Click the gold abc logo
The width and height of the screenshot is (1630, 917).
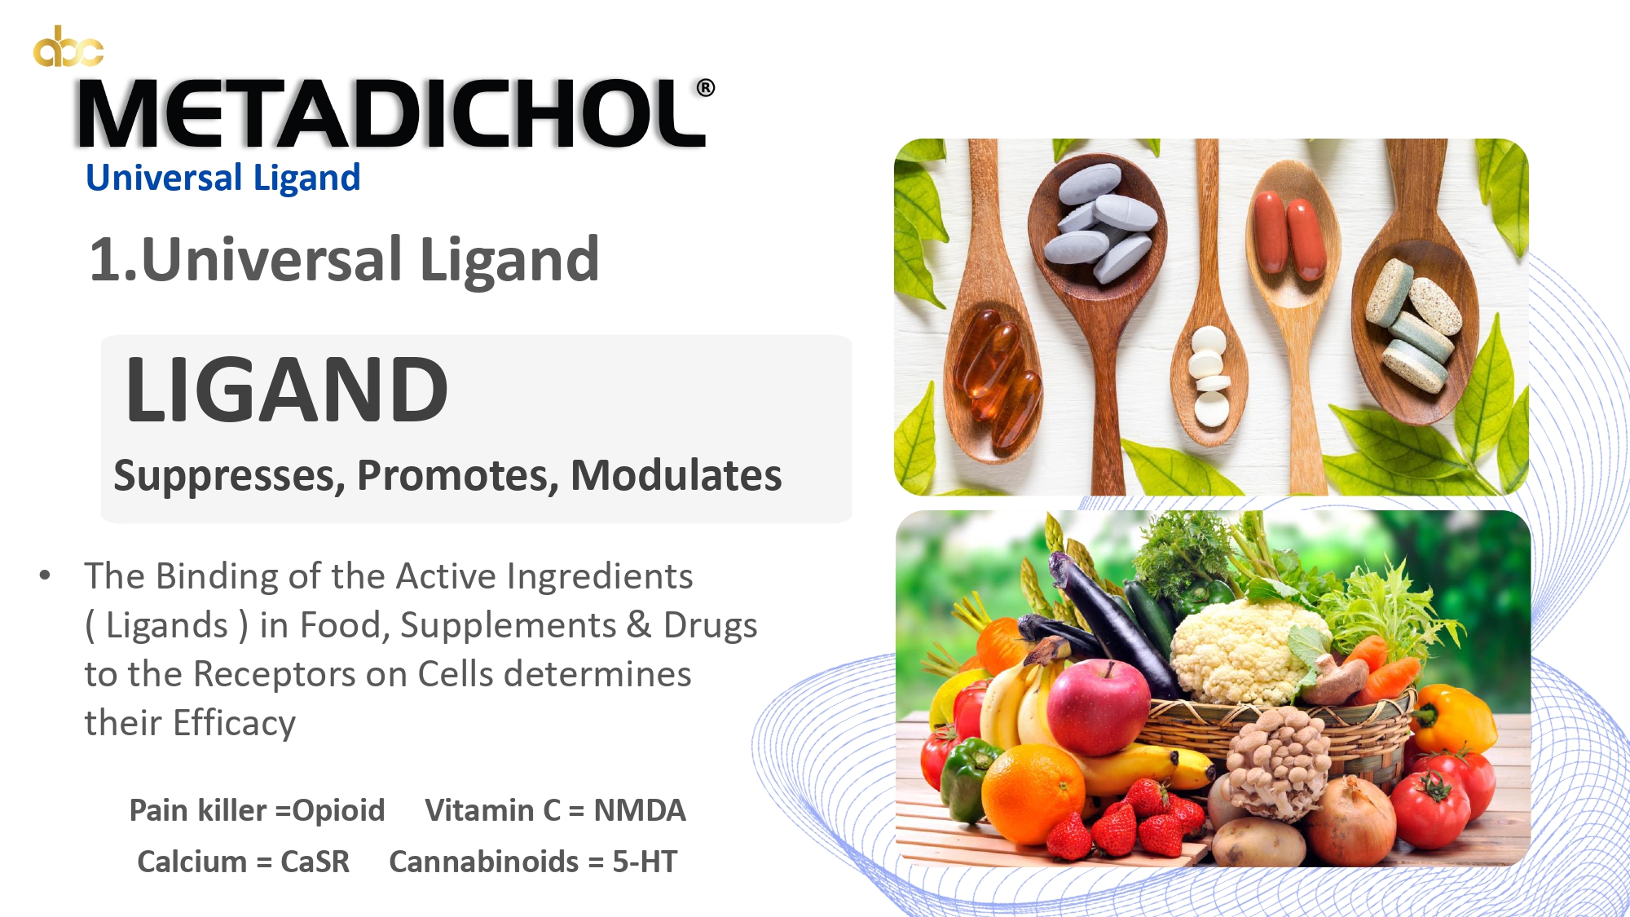pos(68,46)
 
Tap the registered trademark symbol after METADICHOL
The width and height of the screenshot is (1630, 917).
pos(706,88)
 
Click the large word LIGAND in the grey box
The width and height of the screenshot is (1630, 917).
pos(287,390)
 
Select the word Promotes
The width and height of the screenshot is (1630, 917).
pos(458,475)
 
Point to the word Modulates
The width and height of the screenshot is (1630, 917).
pos(676,475)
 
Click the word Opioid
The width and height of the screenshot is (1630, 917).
pos(338,810)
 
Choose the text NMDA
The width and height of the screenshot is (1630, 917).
pos(640,810)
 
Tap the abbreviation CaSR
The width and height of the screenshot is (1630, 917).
pos(315,862)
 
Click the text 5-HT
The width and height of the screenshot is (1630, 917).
pos(645,862)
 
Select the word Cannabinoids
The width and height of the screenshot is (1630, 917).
pos(484,862)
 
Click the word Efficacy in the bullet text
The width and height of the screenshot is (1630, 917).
pos(235,723)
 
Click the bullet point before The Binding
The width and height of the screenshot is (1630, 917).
pos(45,575)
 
